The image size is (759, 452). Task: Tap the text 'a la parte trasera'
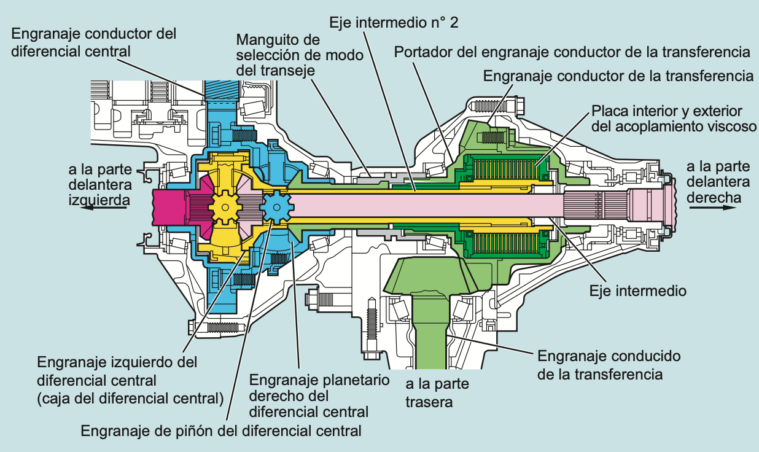[x=437, y=393]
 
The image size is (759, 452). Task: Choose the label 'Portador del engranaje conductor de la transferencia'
[x=572, y=51]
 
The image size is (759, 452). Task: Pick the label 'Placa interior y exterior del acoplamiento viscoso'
[x=666, y=119]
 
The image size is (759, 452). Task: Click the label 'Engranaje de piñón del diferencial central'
[x=221, y=431]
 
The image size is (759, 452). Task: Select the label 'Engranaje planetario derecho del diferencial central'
[x=319, y=395]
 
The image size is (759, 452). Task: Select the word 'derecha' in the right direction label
[x=714, y=198]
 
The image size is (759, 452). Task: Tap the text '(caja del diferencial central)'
[x=130, y=399]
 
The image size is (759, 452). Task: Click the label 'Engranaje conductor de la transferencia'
[x=618, y=76]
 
